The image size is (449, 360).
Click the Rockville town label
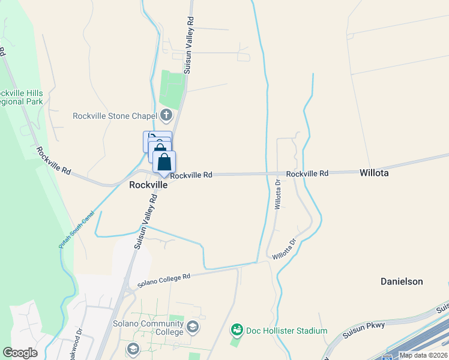(148, 185)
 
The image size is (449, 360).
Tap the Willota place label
(374, 173)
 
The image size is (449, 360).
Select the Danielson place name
(402, 281)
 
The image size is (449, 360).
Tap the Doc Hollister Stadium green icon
(237, 330)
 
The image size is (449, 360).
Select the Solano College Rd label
(163, 279)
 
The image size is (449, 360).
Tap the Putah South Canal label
(76, 230)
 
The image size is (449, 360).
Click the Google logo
(20, 353)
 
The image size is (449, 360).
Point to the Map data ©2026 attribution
(423, 355)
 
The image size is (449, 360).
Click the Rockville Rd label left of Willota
(307, 173)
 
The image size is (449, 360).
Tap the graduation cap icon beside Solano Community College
(193, 327)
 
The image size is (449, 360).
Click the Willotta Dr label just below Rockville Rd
(277, 194)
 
